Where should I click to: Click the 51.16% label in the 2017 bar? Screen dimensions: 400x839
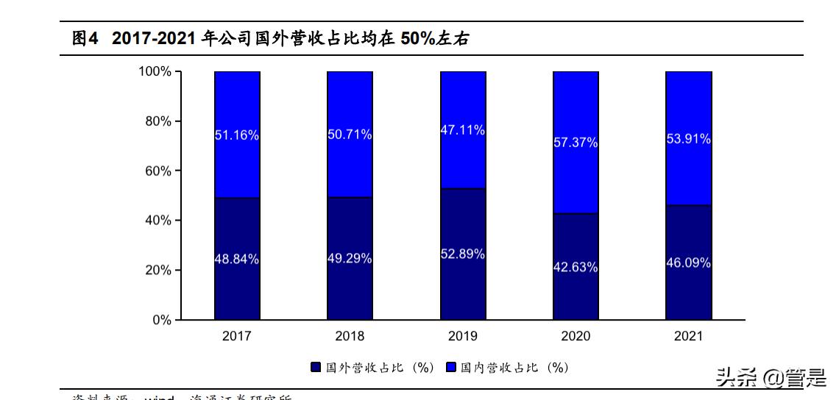click(236, 135)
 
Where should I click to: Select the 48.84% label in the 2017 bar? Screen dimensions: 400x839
click(236, 259)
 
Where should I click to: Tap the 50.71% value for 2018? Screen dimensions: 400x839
click(350, 135)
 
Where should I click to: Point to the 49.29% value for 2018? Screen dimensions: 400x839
click(350, 259)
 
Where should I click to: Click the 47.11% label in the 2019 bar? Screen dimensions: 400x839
click(462, 130)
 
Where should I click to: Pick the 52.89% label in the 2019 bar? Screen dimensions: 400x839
click(462, 254)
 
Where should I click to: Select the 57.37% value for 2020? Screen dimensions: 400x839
click(576, 143)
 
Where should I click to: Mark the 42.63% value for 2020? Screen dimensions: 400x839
click(576, 268)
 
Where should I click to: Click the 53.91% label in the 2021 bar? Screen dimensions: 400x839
click(688, 138)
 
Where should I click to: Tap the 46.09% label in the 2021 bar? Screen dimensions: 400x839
click(688, 262)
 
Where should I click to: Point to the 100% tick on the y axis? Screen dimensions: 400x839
click(155, 71)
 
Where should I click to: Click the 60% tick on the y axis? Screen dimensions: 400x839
click(157, 171)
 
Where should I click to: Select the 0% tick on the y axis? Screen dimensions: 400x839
click(161, 320)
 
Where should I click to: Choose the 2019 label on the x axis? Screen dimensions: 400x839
click(462, 336)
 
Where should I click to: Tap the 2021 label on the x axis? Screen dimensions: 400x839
click(688, 336)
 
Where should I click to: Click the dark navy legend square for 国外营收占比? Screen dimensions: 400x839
click(316, 367)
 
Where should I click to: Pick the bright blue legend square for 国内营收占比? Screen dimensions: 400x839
click(451, 367)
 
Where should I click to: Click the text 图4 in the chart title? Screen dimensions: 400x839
click(85, 39)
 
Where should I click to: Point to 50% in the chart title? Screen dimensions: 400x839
click(417, 39)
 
